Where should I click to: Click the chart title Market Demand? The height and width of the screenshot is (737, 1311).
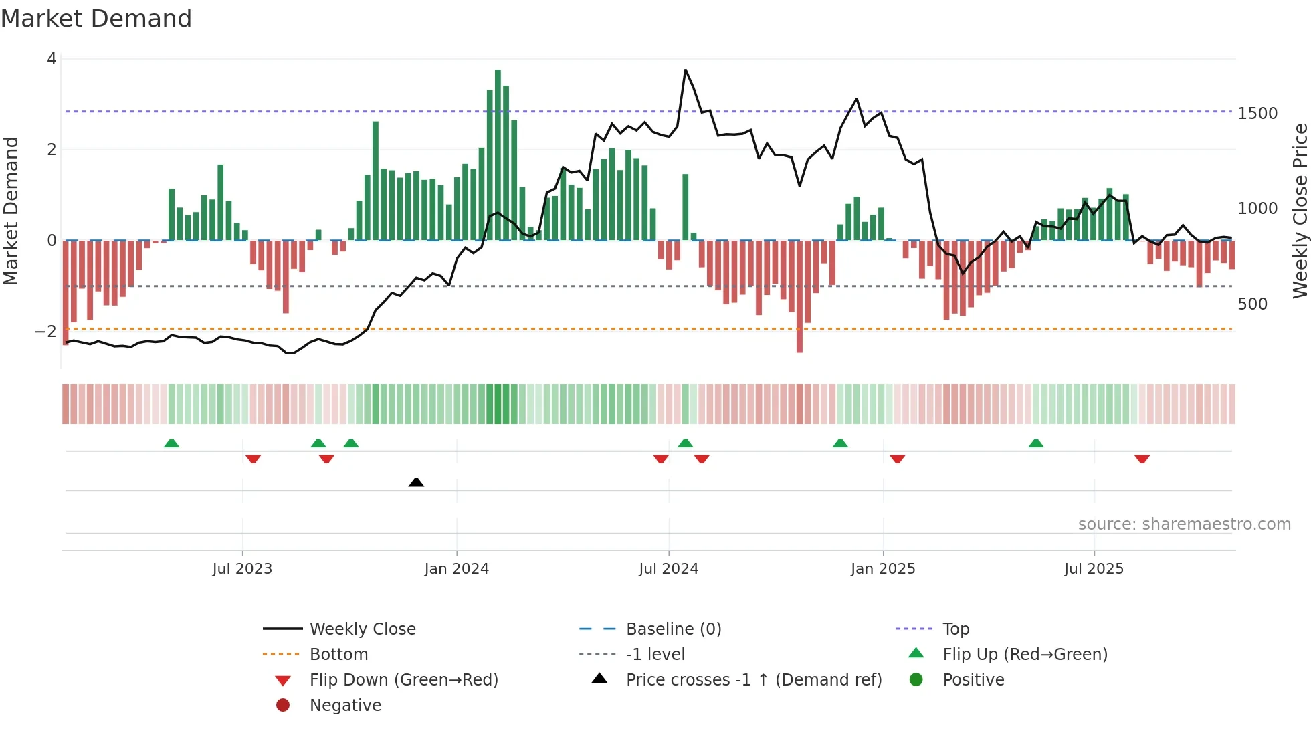click(96, 19)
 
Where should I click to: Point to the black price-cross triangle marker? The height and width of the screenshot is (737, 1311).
click(416, 482)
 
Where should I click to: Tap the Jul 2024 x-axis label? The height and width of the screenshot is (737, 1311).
click(668, 569)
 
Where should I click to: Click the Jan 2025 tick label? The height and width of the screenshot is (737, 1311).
click(883, 569)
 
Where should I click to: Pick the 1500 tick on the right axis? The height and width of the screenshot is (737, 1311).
click(1257, 114)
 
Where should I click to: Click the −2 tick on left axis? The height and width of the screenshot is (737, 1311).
click(46, 332)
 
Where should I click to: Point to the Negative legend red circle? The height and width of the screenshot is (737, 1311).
click(283, 706)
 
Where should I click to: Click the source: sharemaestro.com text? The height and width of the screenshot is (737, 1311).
click(1184, 524)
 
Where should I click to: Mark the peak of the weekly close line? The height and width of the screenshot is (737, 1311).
click(686, 70)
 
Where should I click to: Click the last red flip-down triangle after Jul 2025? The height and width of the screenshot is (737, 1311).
click(1142, 459)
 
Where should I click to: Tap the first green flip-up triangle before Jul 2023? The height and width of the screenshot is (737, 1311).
click(171, 443)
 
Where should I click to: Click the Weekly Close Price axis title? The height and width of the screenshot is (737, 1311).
click(1300, 211)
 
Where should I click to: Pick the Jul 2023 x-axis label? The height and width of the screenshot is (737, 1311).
click(242, 569)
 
